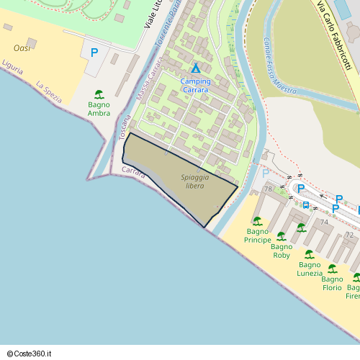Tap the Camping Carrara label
click(196, 86)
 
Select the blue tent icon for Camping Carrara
click(196, 68)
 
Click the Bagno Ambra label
click(99, 109)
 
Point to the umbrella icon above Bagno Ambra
click(99, 94)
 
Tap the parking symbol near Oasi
click(94, 53)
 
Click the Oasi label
click(22, 48)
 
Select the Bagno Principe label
click(258, 235)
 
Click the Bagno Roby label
click(282, 251)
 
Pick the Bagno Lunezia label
click(310, 269)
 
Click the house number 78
click(268, 189)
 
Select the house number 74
click(324, 222)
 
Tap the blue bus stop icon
click(306, 204)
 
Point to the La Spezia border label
click(49, 90)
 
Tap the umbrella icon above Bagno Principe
click(257, 221)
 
